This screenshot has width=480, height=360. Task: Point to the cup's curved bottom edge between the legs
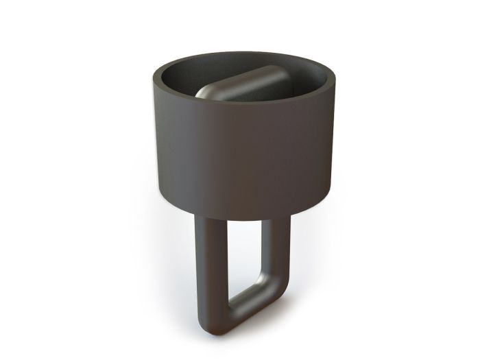pyautogui.click(x=244, y=217)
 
